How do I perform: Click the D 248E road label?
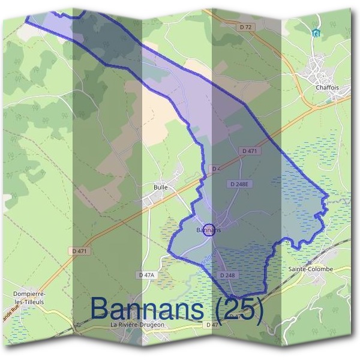point(239,182)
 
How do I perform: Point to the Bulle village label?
point(160,187)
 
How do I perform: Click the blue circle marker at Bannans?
point(209,230)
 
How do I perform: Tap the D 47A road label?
point(146,274)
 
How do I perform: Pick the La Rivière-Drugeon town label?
point(137,325)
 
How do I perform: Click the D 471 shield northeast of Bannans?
point(248,151)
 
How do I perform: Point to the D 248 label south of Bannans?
point(227,275)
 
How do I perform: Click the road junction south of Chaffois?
point(314,106)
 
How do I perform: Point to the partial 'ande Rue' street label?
point(8,310)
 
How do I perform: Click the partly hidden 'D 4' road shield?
point(216,169)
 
